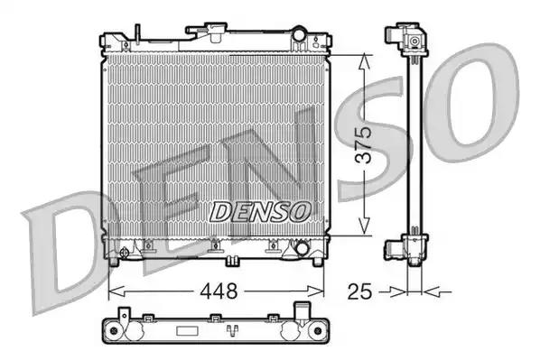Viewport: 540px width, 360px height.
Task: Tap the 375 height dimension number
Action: [x=363, y=144]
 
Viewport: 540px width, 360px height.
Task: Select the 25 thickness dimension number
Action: [x=359, y=291]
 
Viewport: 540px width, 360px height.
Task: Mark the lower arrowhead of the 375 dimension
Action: [x=363, y=230]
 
